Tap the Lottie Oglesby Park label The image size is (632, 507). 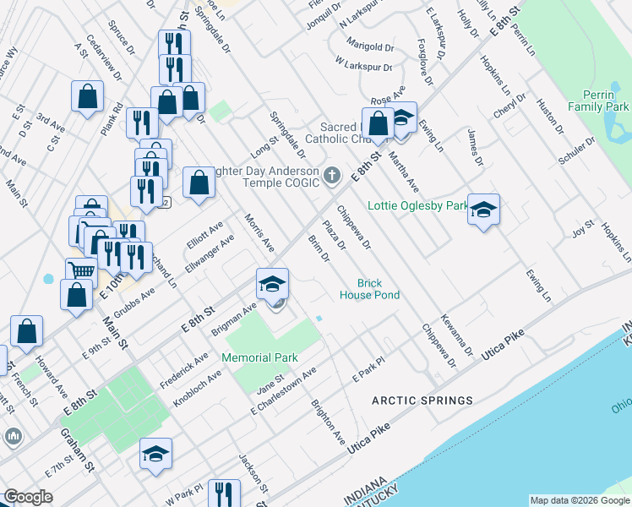(x=417, y=205)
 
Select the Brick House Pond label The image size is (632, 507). (x=369, y=289)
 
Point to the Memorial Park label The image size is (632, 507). (x=259, y=358)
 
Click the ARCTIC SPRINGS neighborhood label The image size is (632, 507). (x=424, y=400)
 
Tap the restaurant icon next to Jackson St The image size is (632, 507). (x=223, y=493)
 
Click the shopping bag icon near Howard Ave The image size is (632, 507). (x=26, y=331)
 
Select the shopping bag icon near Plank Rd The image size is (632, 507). (x=87, y=96)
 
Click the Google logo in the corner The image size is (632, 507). (x=28, y=497)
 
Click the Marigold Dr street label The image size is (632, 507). (x=370, y=47)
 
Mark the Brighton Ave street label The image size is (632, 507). (x=328, y=422)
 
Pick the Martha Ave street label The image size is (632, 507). (x=403, y=172)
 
